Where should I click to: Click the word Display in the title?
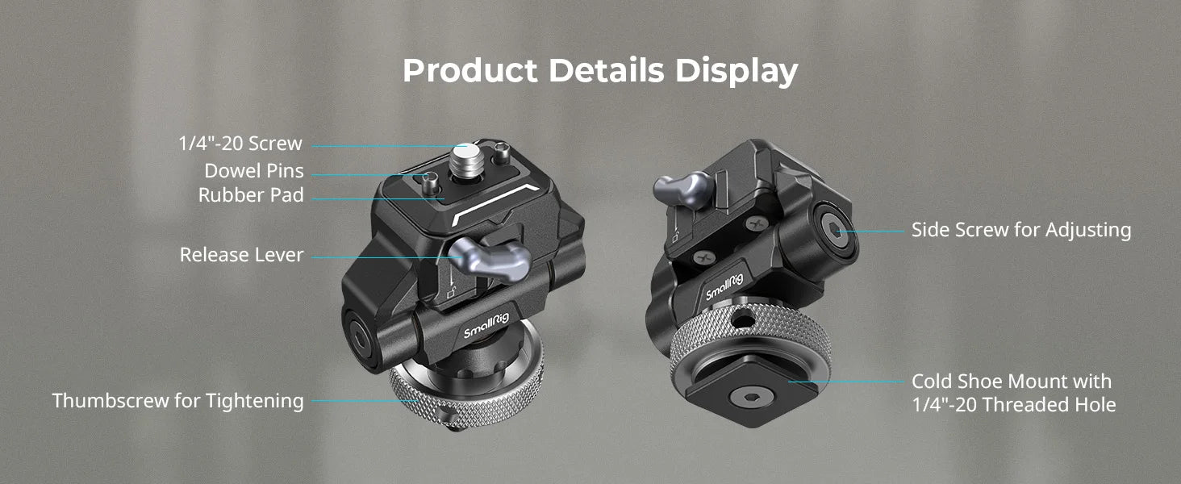pyautogui.click(x=736, y=71)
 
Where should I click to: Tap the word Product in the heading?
pyautogui.click(x=469, y=71)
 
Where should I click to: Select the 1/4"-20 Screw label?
pyautogui.click(x=240, y=144)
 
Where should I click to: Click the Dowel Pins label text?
pyautogui.click(x=254, y=171)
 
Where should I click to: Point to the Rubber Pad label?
pyautogui.click(x=251, y=195)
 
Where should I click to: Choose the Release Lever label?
pyautogui.click(x=242, y=255)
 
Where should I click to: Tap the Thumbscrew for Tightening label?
pyautogui.click(x=178, y=400)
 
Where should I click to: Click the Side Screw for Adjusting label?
pyautogui.click(x=1021, y=230)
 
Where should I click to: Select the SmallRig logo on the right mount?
pyautogui.click(x=724, y=285)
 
